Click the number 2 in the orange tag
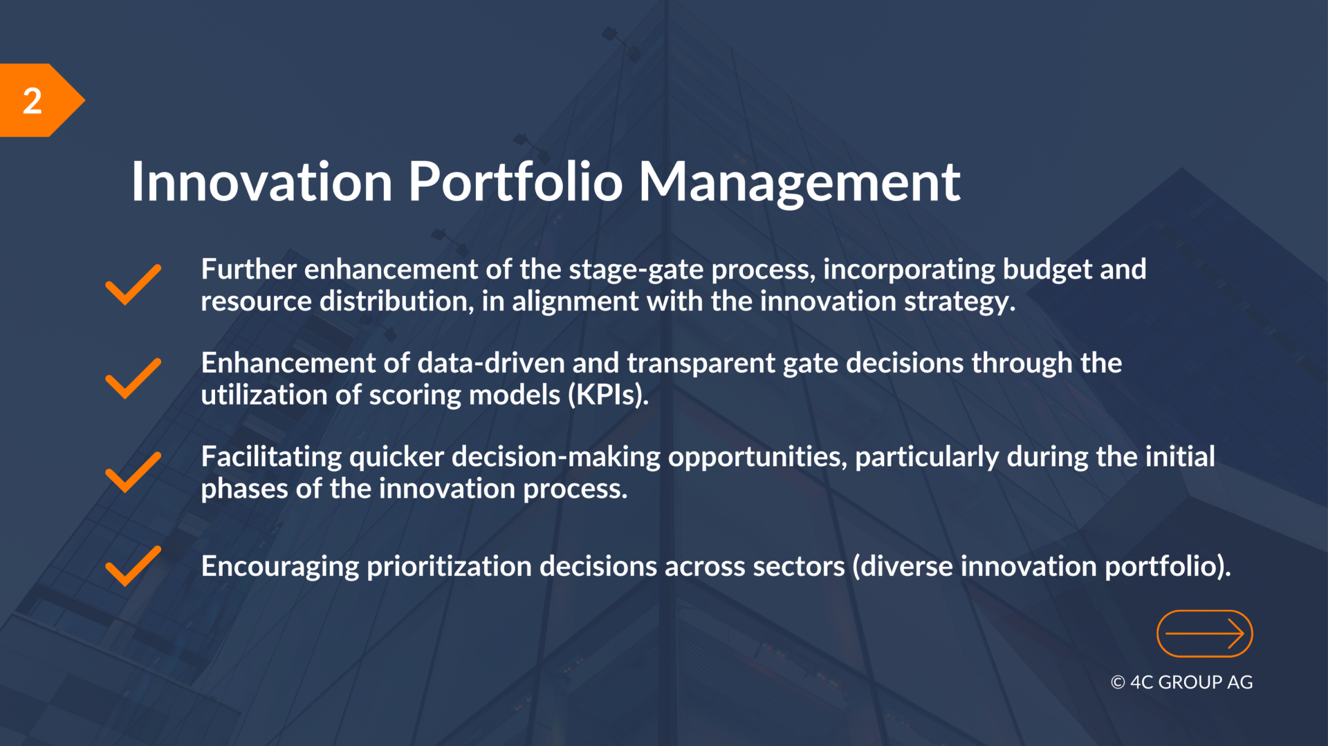[33, 101]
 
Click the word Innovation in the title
[262, 182]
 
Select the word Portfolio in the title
[515, 181]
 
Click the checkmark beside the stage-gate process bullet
[133, 285]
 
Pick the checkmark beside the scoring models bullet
[133, 379]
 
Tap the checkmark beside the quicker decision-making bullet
[133, 472]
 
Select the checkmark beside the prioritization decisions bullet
[133, 566]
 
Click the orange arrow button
[1205, 633]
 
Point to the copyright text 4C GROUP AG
[1182, 682]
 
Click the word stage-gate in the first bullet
[636, 270]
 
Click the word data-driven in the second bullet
[491, 364]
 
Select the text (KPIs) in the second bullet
[609, 395]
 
